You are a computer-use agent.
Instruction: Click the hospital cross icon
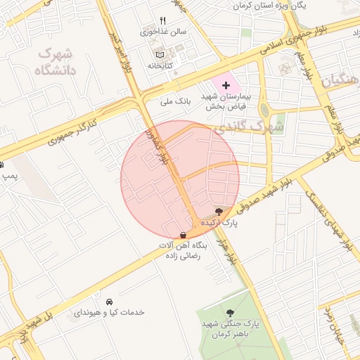[216, 85]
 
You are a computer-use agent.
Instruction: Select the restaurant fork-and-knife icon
[163, 20]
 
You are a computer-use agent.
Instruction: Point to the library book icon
[160, 54]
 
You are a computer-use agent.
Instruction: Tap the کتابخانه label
[160, 65]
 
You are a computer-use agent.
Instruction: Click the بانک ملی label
[176, 101]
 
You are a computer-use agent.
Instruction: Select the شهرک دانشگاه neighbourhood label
[54, 62]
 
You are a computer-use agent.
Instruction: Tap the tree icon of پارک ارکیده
[219, 211]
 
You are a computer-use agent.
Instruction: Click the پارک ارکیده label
[219, 222]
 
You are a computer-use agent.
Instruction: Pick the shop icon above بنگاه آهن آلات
[183, 235]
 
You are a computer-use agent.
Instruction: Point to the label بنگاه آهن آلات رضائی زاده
[182, 251]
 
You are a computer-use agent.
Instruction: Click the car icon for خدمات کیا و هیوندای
[109, 301]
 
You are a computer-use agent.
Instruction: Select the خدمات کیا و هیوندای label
[109, 312]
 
